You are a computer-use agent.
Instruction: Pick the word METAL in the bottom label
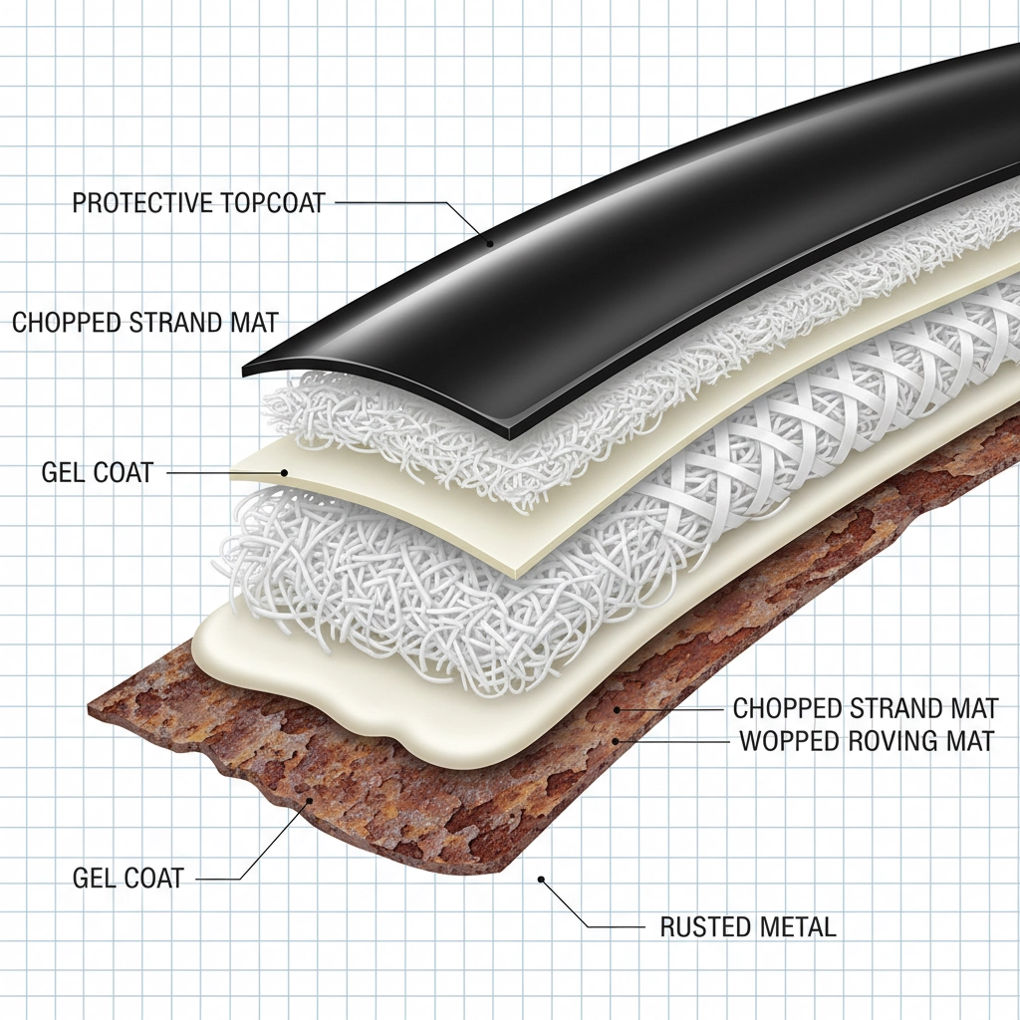pyautogui.click(x=797, y=927)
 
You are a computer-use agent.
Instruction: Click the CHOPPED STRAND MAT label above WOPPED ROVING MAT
pyautogui.click(x=865, y=708)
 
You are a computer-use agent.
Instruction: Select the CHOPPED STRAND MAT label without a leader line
pyautogui.click(x=144, y=322)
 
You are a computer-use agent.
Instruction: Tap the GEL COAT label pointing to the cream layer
pyautogui.click(x=98, y=472)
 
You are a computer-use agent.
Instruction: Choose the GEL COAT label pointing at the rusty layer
pyautogui.click(x=128, y=878)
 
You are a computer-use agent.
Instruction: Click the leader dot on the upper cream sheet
pyautogui.click(x=284, y=473)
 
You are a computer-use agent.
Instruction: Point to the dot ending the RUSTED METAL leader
pyautogui.click(x=541, y=880)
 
